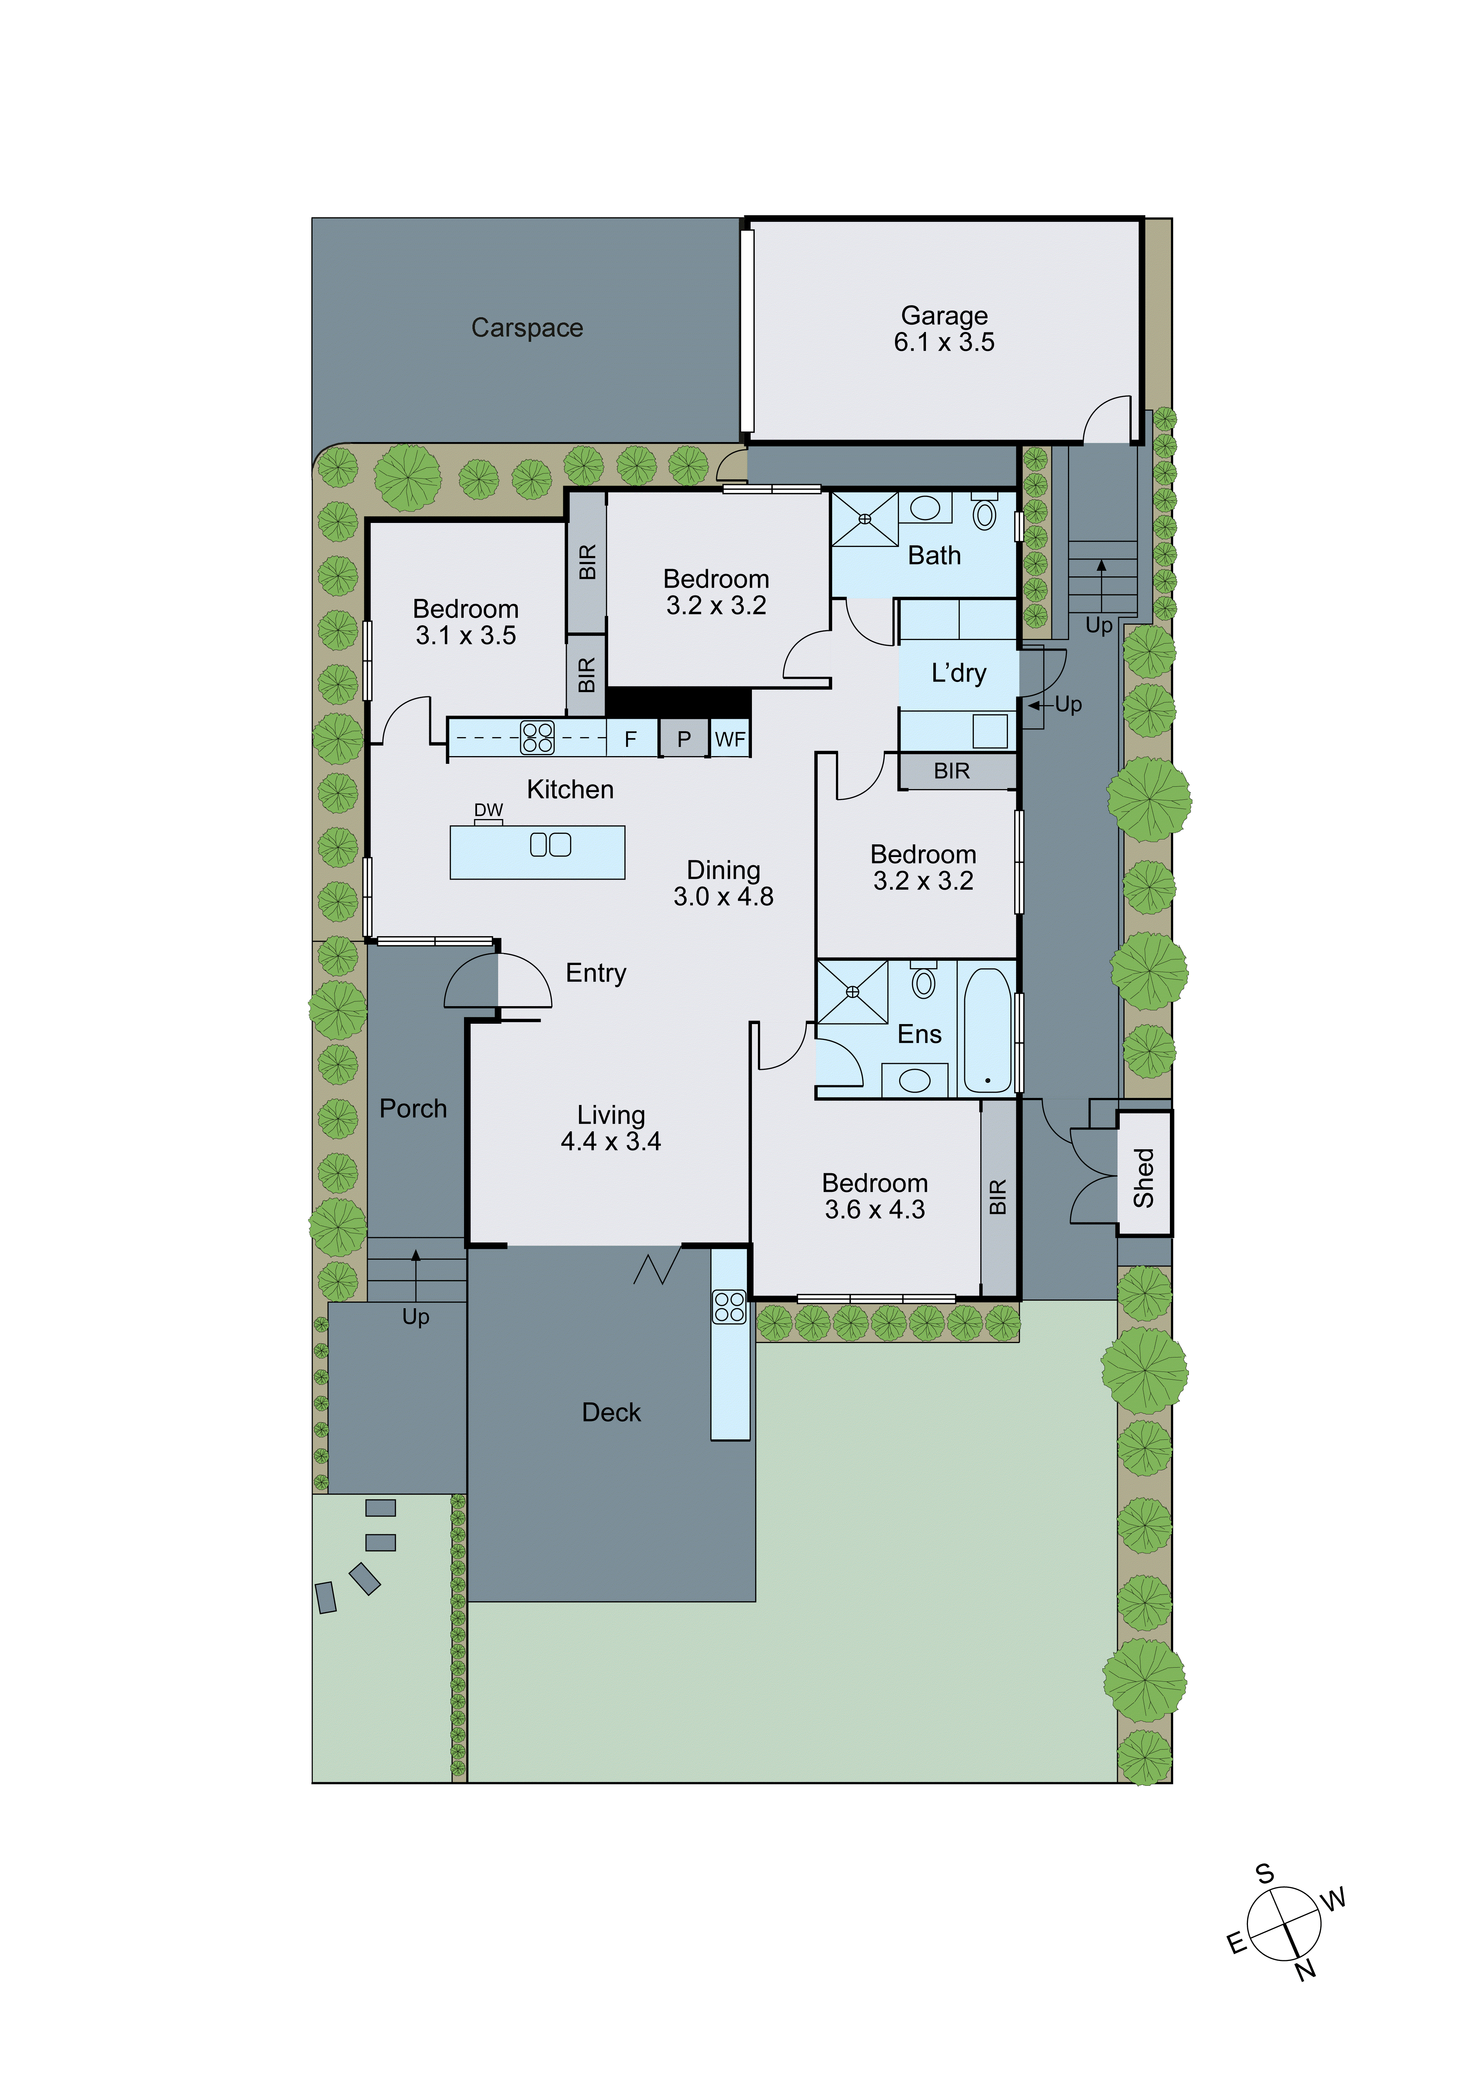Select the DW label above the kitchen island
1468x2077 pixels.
pyautogui.click(x=488, y=810)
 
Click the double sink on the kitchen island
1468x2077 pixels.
pyautogui.click(x=550, y=844)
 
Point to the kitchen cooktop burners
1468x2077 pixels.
pyautogui.click(x=537, y=737)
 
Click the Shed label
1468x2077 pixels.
pyautogui.click(x=1144, y=1177)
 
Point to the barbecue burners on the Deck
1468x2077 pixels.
pyautogui.click(x=729, y=1306)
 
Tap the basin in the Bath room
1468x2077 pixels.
pyautogui.click(x=925, y=507)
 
